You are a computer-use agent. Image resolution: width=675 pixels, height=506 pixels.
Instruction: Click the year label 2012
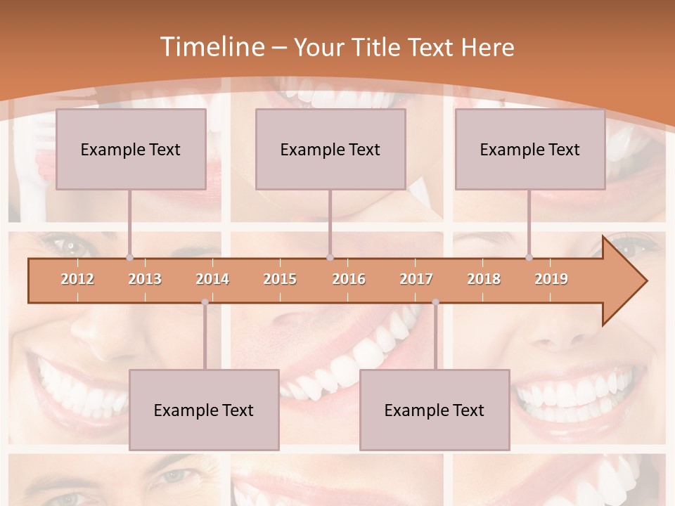(77, 279)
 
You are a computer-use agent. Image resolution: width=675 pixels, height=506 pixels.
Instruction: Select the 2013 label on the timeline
(145, 279)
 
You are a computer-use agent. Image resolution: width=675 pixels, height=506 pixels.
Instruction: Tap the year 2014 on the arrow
(212, 279)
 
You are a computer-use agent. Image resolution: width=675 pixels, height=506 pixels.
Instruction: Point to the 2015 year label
(280, 279)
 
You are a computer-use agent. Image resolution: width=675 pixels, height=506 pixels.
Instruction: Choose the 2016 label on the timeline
(349, 279)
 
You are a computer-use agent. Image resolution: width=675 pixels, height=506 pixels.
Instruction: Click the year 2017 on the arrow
(416, 279)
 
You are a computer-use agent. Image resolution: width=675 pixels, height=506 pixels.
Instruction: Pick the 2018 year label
(484, 279)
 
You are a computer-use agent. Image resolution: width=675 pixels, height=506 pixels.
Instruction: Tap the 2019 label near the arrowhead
(551, 279)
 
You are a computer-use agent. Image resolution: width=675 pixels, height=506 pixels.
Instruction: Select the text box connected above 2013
(131, 149)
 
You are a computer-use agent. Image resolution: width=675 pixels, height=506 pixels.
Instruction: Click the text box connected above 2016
(330, 149)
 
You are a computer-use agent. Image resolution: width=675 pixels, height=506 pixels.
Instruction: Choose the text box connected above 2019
(530, 149)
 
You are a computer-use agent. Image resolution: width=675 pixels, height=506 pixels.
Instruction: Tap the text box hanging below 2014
(204, 410)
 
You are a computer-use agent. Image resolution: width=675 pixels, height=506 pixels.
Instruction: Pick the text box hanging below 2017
(435, 410)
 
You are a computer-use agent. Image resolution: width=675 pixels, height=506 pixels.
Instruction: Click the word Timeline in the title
(211, 47)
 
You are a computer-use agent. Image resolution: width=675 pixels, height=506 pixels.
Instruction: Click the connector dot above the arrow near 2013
(129, 257)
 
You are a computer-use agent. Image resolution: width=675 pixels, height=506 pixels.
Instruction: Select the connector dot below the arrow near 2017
(435, 302)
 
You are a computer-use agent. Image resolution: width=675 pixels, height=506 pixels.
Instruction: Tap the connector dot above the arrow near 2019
(529, 257)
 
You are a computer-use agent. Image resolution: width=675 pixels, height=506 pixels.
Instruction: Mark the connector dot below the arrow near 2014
(205, 302)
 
